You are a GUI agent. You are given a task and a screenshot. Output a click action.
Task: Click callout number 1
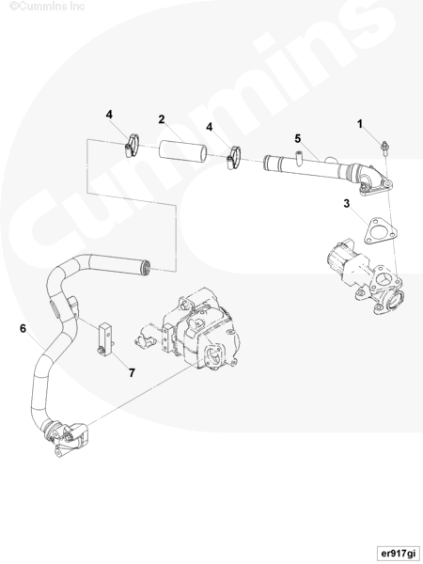[360, 124]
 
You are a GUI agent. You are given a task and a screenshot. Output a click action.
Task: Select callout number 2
[162, 119]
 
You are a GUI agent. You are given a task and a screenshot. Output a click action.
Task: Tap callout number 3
[346, 204]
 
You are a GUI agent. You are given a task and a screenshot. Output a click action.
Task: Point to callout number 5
[297, 138]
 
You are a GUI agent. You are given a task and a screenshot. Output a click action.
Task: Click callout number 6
[23, 328]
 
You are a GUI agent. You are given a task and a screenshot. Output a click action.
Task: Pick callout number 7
[132, 373]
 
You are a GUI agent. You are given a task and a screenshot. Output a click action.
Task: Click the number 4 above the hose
[109, 115]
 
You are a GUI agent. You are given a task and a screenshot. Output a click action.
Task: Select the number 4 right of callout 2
[209, 127]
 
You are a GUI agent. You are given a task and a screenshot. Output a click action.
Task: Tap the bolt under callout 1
[384, 149]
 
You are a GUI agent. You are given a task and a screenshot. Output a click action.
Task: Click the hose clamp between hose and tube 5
[233, 158]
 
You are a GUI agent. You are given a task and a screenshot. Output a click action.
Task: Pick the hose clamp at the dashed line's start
[132, 145]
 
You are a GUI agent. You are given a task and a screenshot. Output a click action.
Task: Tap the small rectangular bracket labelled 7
[106, 338]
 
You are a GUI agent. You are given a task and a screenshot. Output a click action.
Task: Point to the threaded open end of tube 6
[148, 267]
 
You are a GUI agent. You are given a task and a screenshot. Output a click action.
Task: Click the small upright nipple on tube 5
[298, 158]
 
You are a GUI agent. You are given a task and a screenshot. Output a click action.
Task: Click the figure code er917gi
[398, 553]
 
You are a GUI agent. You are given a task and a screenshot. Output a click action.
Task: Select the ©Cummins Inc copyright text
[47, 7]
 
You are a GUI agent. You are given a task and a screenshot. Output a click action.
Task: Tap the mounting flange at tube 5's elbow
[375, 183]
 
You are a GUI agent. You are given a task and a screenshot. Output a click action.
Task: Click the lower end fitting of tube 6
[66, 437]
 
